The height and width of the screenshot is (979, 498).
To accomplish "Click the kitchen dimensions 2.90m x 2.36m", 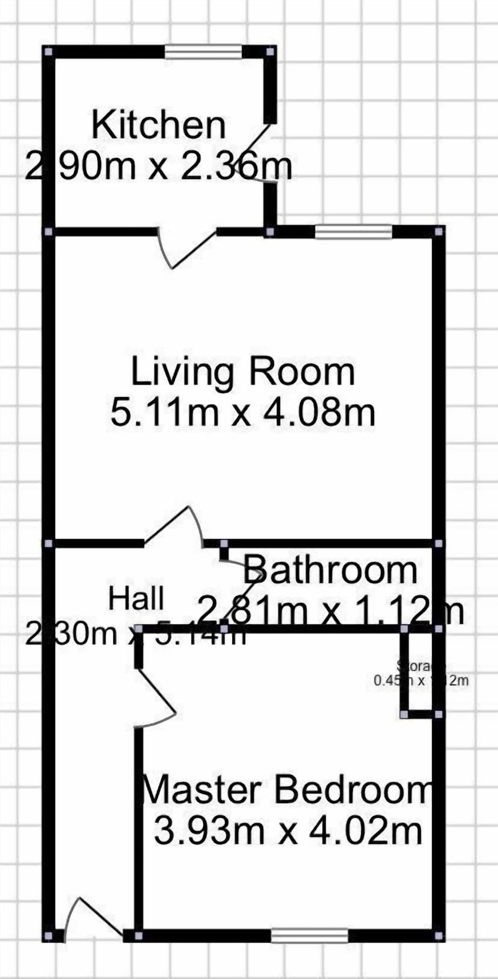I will tap(158, 166).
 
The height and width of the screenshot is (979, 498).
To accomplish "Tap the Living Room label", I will tap(242, 371).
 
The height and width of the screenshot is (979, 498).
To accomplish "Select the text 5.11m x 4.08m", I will tap(242, 413).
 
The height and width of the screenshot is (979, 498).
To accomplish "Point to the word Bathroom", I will tap(330, 570).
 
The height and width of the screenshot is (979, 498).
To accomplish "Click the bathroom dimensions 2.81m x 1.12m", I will tap(330, 610).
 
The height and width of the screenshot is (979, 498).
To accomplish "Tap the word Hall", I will tap(136, 598).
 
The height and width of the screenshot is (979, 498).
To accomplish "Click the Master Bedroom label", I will tap(287, 790).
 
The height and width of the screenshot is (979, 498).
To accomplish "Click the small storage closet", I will tap(420, 672).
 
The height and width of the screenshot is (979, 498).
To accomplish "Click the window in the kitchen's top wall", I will tap(203, 52).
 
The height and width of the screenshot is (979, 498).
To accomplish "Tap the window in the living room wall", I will tap(353, 231).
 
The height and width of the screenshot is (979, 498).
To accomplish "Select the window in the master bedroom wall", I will tap(310, 936).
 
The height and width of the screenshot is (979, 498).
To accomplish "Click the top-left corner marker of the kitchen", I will tap(48, 52).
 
